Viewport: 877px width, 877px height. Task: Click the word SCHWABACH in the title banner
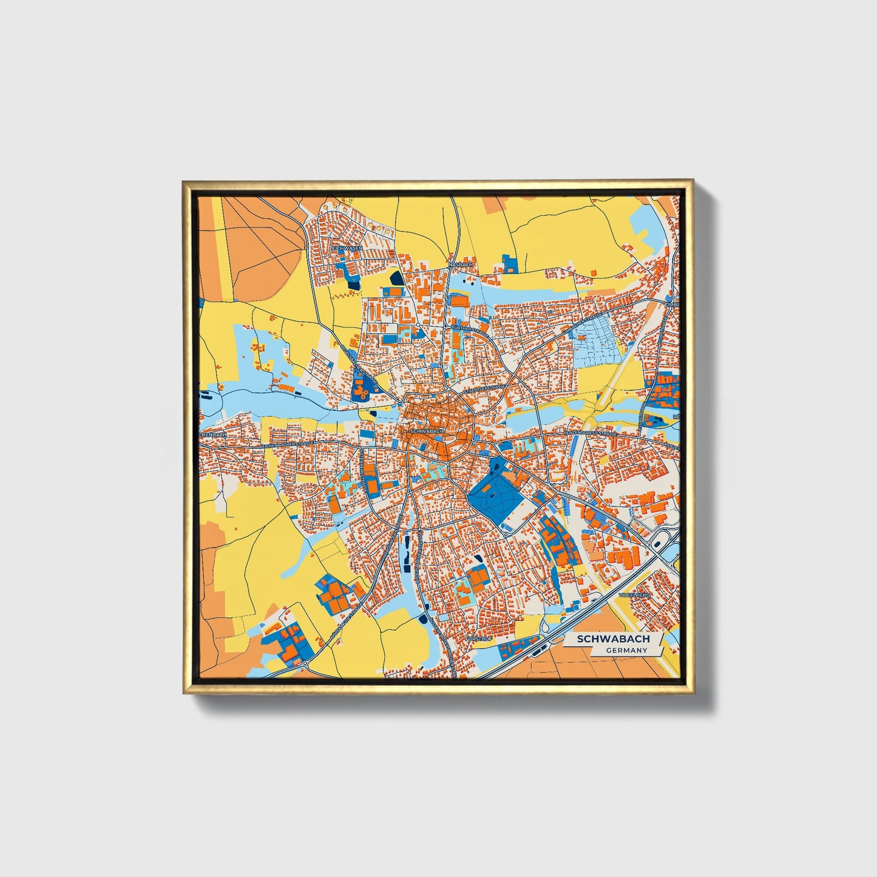[x=613, y=639]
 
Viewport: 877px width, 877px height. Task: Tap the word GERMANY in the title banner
[x=626, y=651]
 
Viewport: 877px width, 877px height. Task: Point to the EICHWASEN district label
[x=347, y=249]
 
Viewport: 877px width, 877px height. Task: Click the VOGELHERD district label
[x=634, y=596]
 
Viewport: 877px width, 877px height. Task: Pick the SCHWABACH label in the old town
[x=427, y=431]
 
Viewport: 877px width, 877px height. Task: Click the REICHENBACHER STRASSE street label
[x=286, y=445]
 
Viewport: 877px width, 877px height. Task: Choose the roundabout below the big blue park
[x=505, y=536]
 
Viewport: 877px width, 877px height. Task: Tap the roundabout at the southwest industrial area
[x=303, y=663]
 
